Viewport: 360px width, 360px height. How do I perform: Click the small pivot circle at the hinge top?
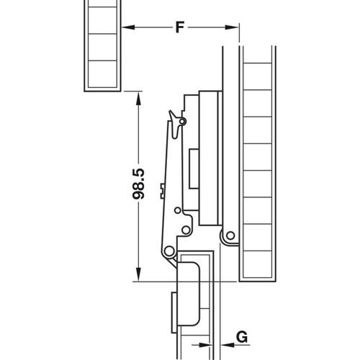click(x=183, y=122)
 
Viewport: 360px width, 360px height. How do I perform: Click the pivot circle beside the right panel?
click(x=229, y=235)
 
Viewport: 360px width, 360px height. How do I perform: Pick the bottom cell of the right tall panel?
click(x=256, y=267)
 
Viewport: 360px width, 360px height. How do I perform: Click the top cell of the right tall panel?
click(x=256, y=58)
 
